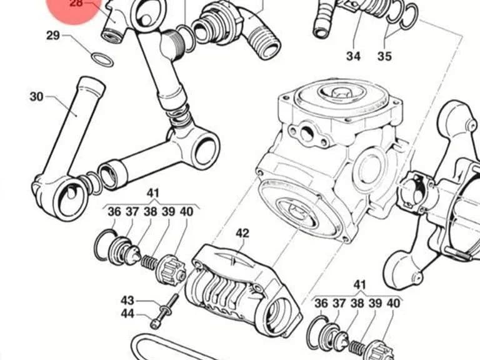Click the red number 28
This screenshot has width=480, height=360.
76,3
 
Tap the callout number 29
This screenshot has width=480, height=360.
52,36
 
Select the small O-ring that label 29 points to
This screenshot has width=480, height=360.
102,60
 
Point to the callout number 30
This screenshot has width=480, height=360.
36,97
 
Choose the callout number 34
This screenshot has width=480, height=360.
354,56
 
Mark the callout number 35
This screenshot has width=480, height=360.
384,56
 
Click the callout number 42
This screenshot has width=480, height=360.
242,234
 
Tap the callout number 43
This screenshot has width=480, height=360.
127,300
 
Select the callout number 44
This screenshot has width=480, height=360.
127,314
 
